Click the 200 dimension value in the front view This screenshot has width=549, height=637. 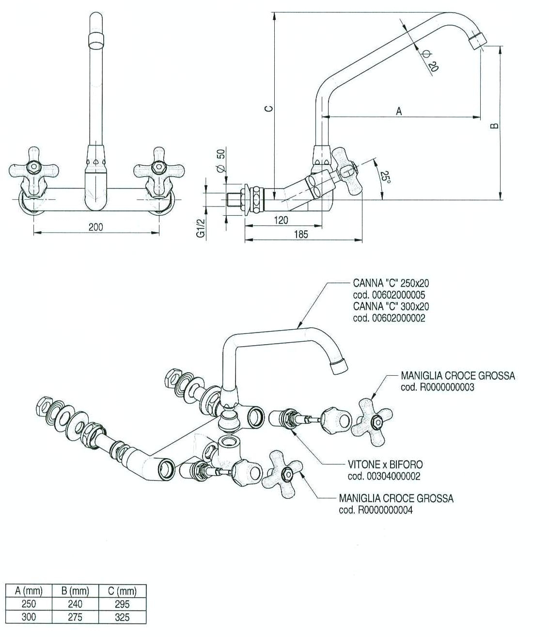(x=96, y=227)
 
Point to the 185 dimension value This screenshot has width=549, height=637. (x=300, y=234)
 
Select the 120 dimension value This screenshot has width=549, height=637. (x=281, y=220)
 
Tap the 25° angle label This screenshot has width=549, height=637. (x=385, y=176)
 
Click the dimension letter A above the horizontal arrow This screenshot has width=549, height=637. (x=399, y=111)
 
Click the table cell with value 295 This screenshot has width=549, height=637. (x=122, y=604)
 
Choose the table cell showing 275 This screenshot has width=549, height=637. (x=75, y=617)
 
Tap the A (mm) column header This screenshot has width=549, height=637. (x=29, y=591)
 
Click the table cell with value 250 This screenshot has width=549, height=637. (x=29, y=604)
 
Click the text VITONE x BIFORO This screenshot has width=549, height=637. (x=385, y=464)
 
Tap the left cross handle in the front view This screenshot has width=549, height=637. (x=34, y=170)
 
